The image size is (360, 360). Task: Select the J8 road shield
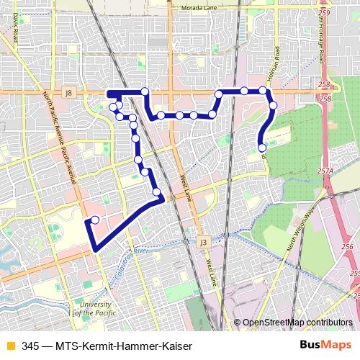(68, 92)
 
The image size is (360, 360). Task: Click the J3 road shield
(204, 242)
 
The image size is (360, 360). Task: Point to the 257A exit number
(326, 171)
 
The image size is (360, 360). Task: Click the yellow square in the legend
(10, 346)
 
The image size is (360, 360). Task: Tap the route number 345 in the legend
(30, 346)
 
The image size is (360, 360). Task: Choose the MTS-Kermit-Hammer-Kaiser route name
(123, 346)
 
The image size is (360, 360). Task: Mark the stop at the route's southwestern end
(95, 220)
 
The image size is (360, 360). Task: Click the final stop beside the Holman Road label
(262, 148)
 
